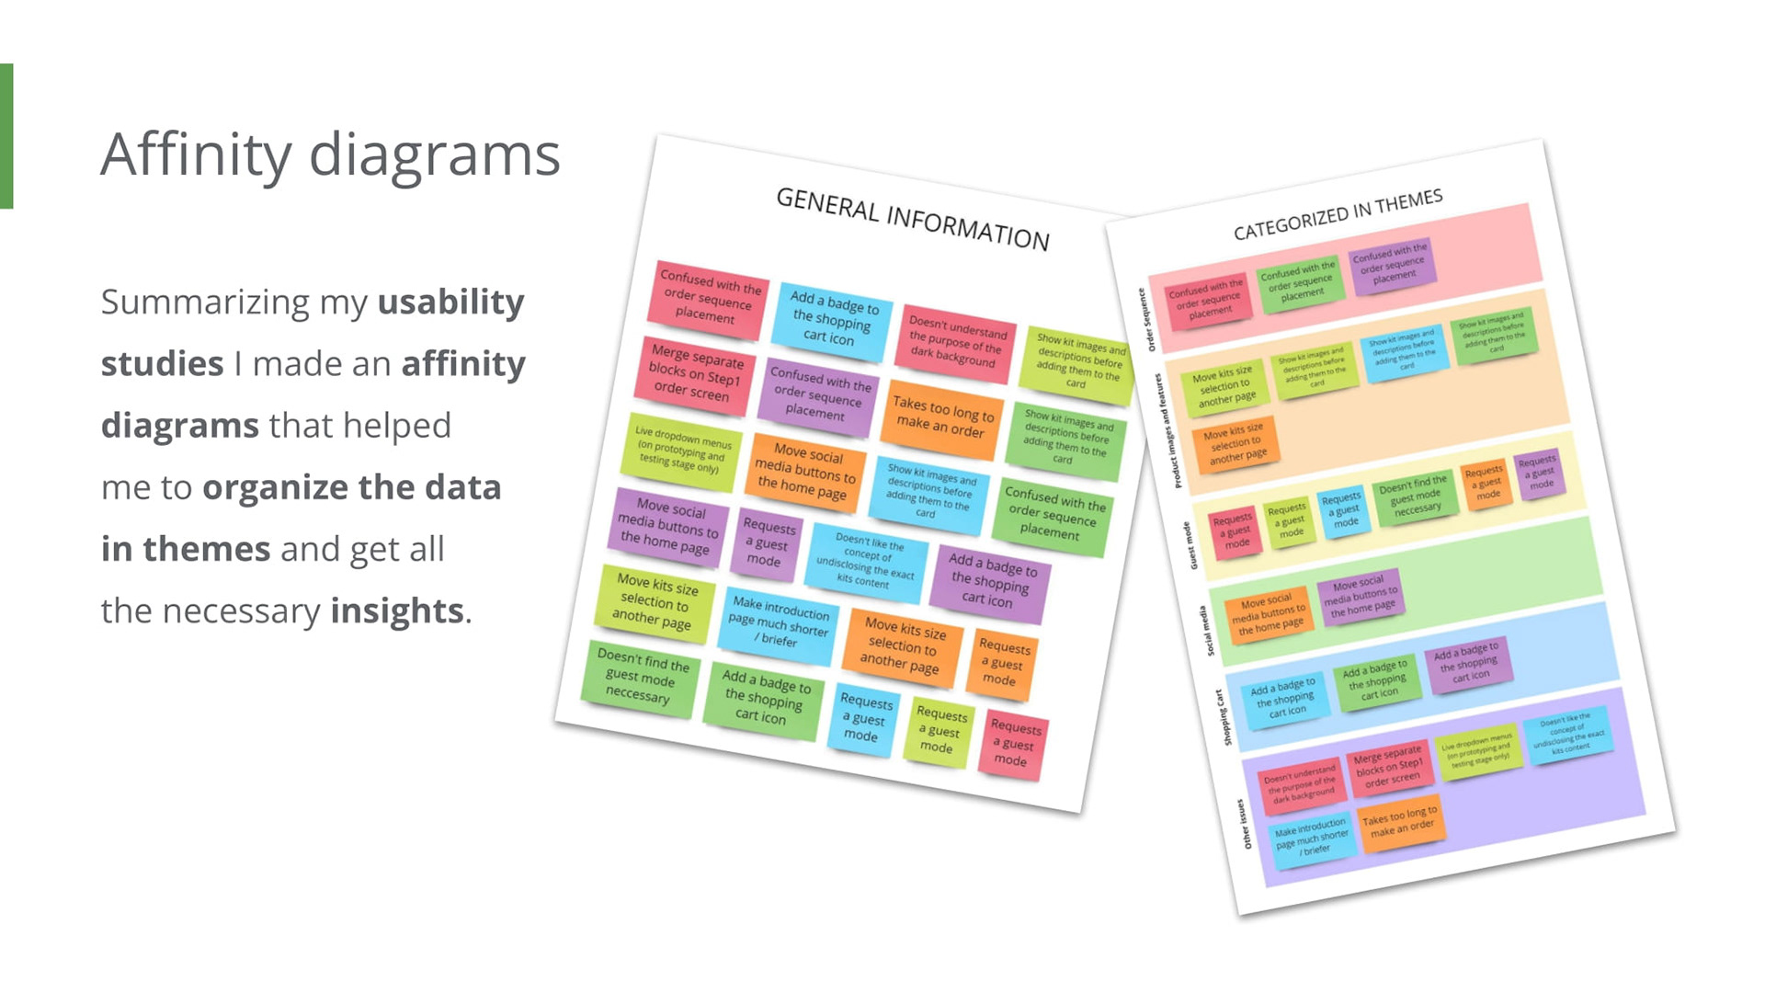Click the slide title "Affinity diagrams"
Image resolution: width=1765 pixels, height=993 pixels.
(x=330, y=154)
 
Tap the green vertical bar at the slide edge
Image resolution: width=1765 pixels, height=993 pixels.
(x=6, y=136)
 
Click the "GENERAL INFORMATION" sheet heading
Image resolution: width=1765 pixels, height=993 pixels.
(x=912, y=218)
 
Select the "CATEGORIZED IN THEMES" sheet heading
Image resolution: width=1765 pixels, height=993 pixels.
(x=1338, y=214)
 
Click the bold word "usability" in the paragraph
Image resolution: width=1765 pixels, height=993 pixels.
(x=450, y=302)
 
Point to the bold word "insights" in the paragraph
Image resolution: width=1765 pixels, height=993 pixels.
(x=397, y=611)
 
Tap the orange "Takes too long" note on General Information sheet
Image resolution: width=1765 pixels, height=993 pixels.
(x=942, y=417)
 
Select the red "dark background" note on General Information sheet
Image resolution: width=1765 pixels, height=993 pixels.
(x=956, y=342)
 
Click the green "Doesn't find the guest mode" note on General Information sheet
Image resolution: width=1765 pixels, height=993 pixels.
(x=640, y=677)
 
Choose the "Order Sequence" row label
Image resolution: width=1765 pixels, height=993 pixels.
(x=1146, y=319)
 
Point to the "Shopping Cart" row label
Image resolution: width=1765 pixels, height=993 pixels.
(x=1224, y=717)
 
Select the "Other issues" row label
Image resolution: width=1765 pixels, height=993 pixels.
(x=1244, y=824)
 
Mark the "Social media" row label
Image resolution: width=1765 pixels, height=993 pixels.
(x=1206, y=631)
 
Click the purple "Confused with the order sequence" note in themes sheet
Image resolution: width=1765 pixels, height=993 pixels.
(x=1391, y=263)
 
